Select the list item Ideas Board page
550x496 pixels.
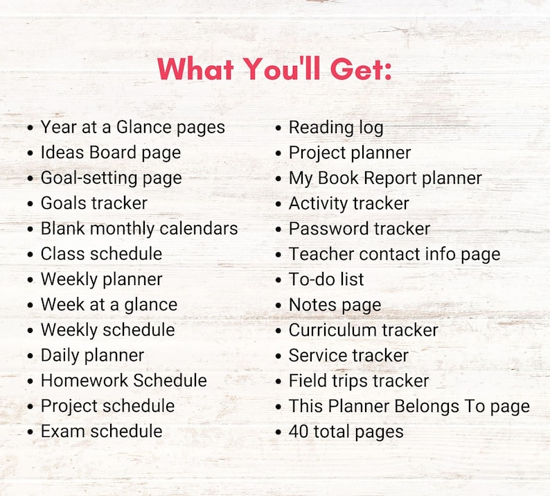[110, 153]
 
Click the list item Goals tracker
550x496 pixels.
[94, 203]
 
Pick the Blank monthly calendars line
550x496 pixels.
[139, 228]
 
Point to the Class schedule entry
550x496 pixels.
[101, 254]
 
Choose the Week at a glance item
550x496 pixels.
[109, 305]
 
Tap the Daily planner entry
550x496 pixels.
[92, 355]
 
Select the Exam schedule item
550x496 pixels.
[101, 431]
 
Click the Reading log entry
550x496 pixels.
[335, 128]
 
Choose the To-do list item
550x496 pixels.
[326, 280]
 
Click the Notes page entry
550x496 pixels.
[335, 305]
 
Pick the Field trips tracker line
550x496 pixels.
[358, 381]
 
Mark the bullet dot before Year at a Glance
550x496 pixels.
[30, 128]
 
